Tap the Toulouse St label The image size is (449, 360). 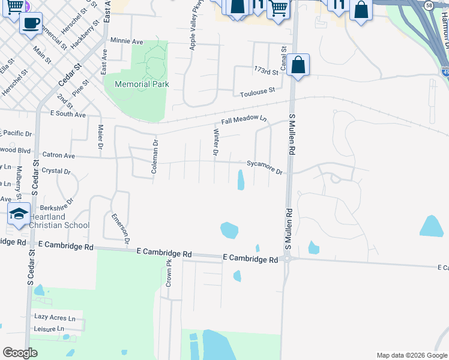point(257,91)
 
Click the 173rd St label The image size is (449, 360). point(267,72)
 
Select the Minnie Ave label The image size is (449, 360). point(127,41)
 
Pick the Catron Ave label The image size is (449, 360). point(58,155)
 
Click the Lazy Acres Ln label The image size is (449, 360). point(55,317)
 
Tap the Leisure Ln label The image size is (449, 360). point(49,329)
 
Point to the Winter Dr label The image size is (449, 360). point(215,142)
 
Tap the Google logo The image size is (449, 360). point(20,353)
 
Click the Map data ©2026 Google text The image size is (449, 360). point(411,355)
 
